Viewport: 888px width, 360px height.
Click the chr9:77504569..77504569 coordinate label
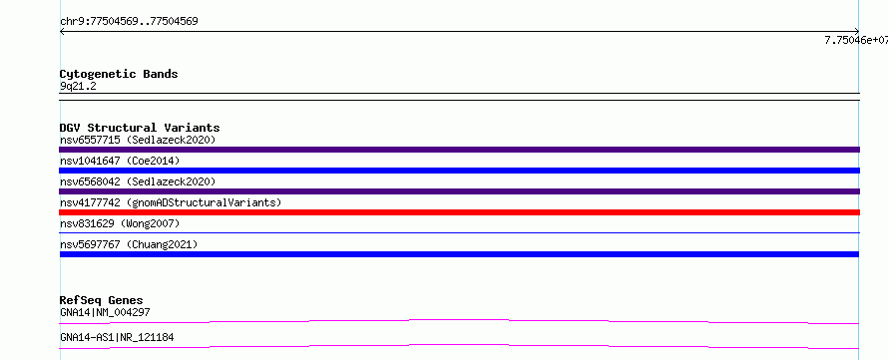pos(129,22)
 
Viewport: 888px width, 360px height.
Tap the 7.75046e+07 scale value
pos(856,40)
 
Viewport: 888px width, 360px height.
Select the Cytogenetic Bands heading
pos(119,74)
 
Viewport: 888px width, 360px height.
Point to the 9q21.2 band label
pos(78,86)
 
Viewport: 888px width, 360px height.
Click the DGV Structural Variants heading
pos(140,128)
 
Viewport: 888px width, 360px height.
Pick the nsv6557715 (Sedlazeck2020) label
pos(138,140)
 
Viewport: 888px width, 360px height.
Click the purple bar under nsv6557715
pos(459,150)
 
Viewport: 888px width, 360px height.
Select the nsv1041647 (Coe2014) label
pos(120,161)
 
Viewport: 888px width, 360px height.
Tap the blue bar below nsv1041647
pos(459,171)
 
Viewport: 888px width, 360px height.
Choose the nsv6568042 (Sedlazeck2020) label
pos(138,181)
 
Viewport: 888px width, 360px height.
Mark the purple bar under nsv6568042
pos(459,191)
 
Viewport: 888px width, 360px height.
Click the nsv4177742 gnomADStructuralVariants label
pos(171,202)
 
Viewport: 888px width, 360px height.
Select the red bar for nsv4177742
pos(459,212)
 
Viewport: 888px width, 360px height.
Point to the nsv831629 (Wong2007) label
pos(120,223)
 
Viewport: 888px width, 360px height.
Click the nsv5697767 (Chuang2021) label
pos(129,244)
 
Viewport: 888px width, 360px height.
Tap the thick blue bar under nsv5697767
pos(459,254)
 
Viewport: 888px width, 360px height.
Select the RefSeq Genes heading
pos(102,300)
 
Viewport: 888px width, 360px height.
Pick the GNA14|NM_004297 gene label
pos(105,312)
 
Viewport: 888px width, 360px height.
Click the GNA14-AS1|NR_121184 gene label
pos(117,338)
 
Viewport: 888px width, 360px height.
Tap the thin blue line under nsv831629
pos(459,232)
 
